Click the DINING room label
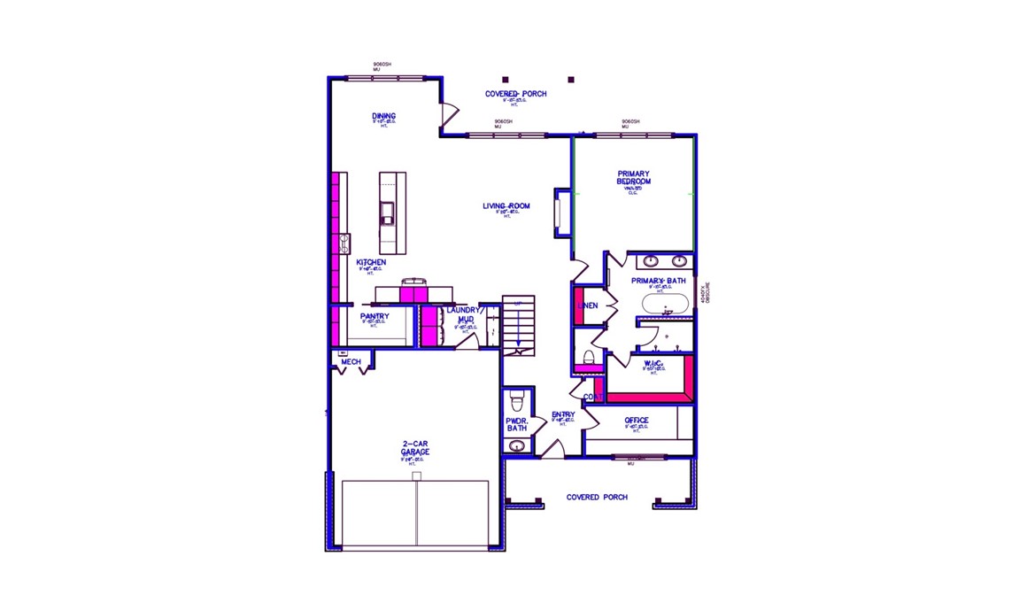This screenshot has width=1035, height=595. (383, 116)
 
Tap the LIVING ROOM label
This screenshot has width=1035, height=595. (506, 206)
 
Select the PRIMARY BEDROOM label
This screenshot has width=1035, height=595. (633, 178)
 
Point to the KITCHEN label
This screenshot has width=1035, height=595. (371, 263)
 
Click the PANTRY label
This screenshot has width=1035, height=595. (375, 316)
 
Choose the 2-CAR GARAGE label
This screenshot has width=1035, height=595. (414, 448)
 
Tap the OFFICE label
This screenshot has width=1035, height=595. (636, 421)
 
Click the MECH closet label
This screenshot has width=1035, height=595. (351, 362)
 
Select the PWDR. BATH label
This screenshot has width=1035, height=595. (517, 425)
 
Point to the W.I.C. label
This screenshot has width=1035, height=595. (653, 364)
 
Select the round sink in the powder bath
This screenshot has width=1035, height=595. (517, 445)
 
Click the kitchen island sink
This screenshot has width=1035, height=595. (387, 212)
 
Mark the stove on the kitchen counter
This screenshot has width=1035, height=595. (344, 243)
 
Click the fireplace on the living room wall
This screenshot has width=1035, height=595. (559, 212)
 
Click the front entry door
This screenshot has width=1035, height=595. (552, 449)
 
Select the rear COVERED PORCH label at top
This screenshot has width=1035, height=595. (515, 94)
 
